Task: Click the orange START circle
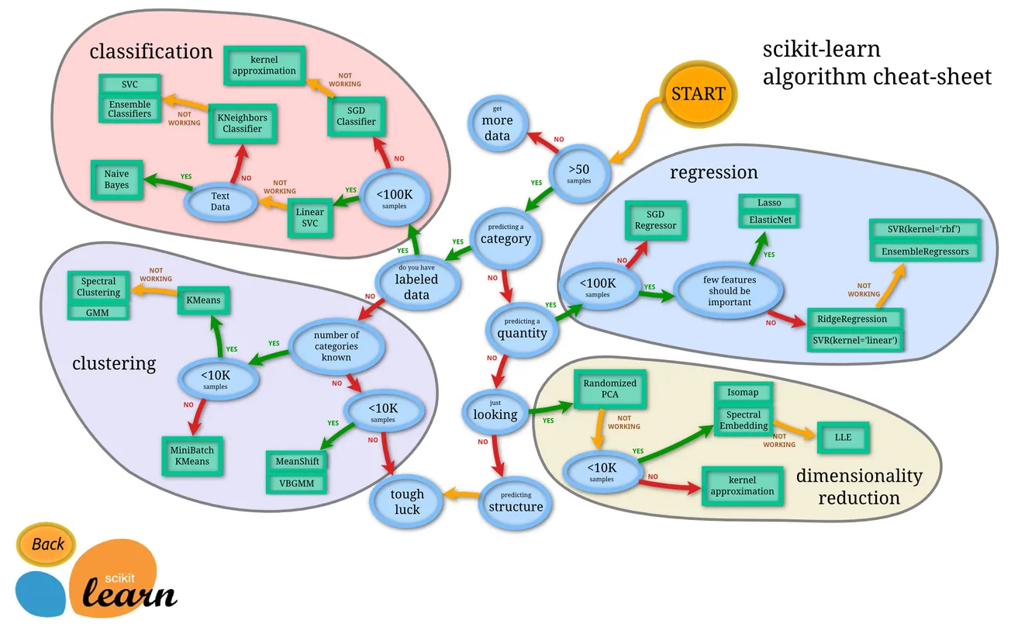coord(698,94)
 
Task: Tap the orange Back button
coord(47,544)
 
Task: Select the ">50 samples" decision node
coord(578,172)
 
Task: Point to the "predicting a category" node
coord(505,234)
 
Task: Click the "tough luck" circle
coord(406,501)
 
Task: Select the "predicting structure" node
coord(516,502)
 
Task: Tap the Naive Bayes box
coord(116,179)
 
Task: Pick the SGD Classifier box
coord(356,116)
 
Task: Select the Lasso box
coord(769,203)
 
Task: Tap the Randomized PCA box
coord(609,389)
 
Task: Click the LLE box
coord(843,437)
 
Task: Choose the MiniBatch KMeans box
coord(192,456)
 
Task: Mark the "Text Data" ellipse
coord(220,202)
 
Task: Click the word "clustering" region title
coord(114,363)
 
